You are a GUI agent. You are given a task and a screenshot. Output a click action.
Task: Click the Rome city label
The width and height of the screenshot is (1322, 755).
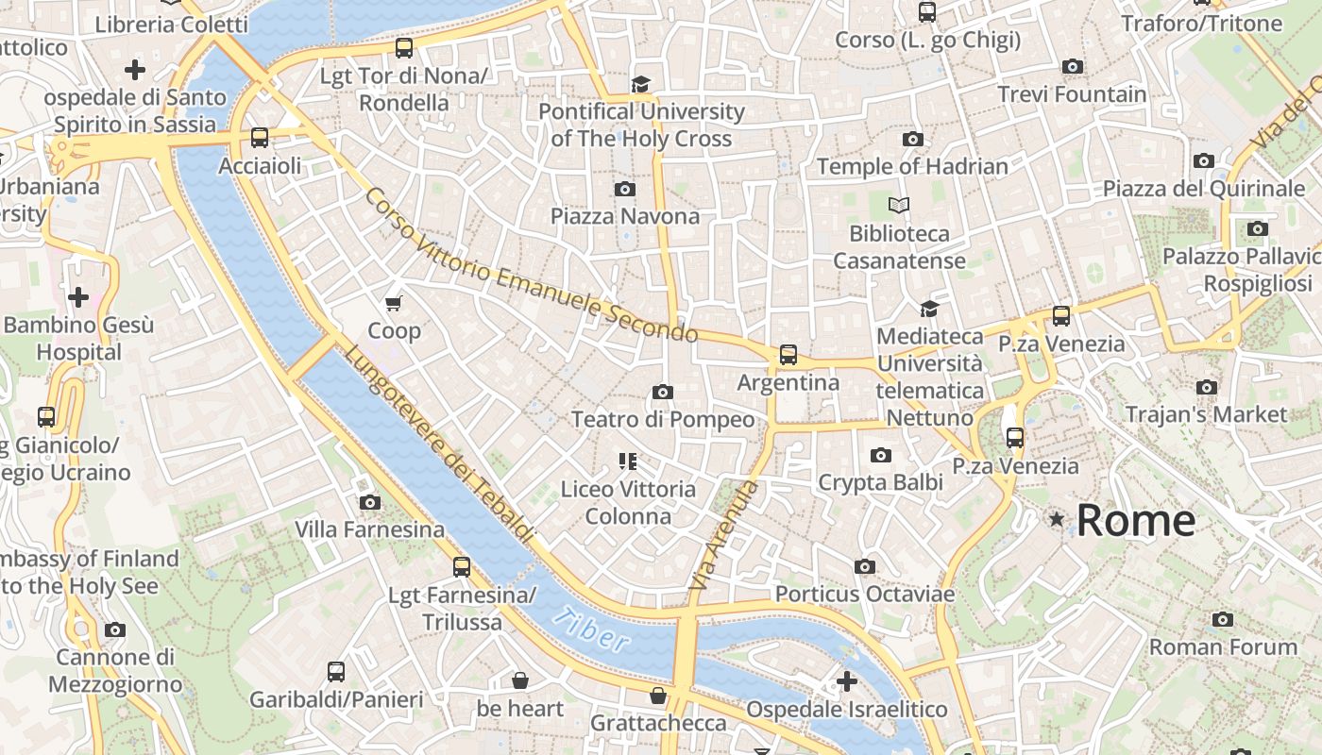[x=1135, y=521]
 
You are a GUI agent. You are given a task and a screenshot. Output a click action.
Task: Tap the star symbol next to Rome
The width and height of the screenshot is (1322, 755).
[x=1056, y=520]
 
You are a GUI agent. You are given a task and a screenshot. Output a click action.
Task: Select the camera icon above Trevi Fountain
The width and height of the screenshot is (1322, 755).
[x=1072, y=67]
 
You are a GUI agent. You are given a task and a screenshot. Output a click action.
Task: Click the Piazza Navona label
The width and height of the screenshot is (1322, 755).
[x=625, y=216]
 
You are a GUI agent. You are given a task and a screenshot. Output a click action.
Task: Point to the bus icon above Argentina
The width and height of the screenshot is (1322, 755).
[x=788, y=356]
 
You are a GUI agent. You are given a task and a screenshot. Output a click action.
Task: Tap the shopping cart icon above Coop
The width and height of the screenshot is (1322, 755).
[x=394, y=303]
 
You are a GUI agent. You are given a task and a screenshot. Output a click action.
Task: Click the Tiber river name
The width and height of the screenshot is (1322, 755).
[x=591, y=629]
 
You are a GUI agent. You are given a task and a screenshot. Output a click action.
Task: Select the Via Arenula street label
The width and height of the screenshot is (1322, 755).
[x=724, y=536]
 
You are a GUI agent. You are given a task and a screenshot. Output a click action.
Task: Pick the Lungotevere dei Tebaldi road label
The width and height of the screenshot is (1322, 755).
[x=438, y=444]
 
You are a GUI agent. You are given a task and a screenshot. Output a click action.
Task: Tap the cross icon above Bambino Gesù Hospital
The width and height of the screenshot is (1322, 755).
[x=78, y=298]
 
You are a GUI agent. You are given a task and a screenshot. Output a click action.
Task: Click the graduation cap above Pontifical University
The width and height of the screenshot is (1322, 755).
[x=641, y=85]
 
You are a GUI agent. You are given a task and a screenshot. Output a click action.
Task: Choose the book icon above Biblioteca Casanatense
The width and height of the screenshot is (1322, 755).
[x=899, y=205]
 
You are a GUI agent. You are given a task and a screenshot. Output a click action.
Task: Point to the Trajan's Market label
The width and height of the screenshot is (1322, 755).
[x=1206, y=414]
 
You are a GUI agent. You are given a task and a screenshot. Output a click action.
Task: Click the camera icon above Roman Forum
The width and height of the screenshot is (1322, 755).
[x=1223, y=620]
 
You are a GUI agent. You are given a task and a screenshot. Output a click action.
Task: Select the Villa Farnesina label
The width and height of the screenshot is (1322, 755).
[x=369, y=529]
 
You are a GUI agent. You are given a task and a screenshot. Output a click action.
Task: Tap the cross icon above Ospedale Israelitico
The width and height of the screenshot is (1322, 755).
[x=847, y=680]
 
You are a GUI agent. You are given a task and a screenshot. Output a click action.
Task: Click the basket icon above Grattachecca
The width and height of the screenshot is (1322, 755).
[x=658, y=696]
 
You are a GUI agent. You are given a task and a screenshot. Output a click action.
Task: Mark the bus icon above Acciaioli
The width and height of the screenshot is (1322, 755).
[x=260, y=138]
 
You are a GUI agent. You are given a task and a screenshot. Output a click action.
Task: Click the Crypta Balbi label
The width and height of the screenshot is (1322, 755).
[x=880, y=482]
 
